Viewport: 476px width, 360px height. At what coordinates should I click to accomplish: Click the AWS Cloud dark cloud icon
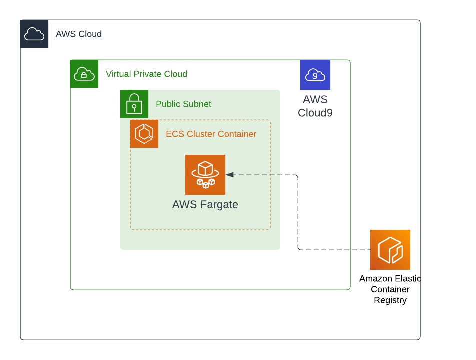34,34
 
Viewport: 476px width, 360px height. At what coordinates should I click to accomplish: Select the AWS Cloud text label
79,34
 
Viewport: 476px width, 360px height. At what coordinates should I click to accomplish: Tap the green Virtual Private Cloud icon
84,74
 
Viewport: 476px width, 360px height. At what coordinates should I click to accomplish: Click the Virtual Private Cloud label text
146,74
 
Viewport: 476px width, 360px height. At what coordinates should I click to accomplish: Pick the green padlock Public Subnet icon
134,104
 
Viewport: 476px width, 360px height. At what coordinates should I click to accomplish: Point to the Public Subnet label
183,104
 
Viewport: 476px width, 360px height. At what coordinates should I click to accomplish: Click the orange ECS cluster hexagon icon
144,134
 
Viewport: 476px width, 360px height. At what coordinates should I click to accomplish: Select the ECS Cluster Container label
211,134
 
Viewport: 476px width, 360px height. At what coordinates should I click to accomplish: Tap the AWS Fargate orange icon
205,175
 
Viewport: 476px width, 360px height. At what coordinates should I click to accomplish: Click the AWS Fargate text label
205,205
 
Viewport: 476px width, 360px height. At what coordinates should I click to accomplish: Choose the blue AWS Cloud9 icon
315,75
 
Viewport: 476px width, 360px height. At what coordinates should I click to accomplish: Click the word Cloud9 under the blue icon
315,113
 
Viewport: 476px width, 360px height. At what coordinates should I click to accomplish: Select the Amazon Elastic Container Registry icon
390,250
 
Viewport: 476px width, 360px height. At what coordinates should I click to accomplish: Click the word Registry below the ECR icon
390,300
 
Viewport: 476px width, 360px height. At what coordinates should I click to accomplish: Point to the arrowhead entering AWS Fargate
229,175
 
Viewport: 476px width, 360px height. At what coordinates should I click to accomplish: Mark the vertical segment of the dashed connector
298,212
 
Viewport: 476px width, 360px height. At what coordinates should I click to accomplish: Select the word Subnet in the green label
197,104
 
